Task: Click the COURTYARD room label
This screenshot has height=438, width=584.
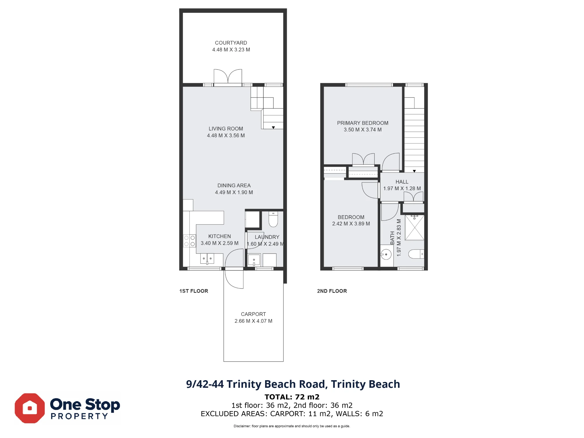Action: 231,43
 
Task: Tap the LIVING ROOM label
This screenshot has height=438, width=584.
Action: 226,129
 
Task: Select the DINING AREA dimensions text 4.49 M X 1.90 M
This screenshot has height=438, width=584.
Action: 234,192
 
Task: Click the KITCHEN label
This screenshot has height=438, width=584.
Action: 220,236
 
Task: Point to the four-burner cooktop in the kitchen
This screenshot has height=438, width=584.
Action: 190,241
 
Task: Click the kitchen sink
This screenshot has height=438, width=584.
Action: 207,259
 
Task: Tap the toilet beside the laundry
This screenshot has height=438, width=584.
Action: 273,219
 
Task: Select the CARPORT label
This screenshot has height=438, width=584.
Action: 253,314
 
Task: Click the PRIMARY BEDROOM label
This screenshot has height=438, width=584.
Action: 363,123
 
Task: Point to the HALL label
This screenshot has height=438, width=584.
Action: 402,182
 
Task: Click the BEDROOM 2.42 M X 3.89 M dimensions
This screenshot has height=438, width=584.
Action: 351,224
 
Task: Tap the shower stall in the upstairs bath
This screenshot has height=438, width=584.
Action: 415,228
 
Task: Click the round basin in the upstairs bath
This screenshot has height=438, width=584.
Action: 386,255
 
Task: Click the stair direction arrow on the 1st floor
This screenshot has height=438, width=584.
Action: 273,128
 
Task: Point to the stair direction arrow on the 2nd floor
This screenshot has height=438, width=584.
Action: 414,171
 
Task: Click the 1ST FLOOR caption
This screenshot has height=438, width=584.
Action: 194,291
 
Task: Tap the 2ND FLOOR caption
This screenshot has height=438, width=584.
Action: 332,291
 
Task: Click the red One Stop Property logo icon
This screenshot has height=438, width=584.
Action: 30,408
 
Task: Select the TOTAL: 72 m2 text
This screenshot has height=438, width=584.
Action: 292,397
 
